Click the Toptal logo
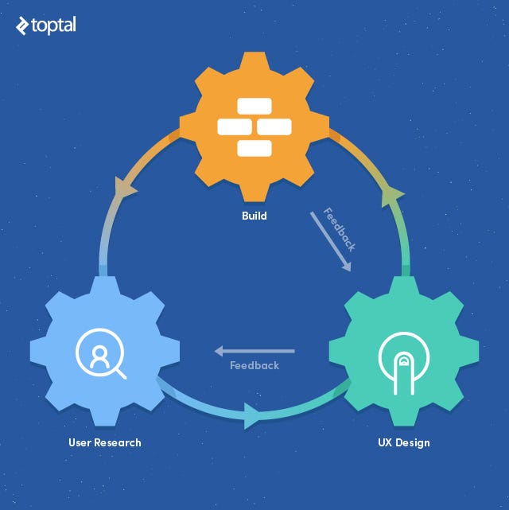pyautogui.click(x=45, y=25)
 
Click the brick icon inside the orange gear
pyautogui.click(x=254, y=127)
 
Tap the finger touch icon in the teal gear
pyautogui.click(x=403, y=356)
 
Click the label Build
pyautogui.click(x=254, y=216)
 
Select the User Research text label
pyautogui.click(x=104, y=442)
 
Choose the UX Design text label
pyautogui.click(x=404, y=442)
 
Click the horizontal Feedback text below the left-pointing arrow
pyautogui.click(x=254, y=366)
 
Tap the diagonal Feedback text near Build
pyautogui.click(x=339, y=229)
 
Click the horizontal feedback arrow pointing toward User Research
pyautogui.click(x=254, y=351)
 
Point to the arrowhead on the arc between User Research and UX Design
pyautogui.click(x=251, y=415)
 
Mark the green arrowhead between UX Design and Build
pyautogui.click(x=390, y=193)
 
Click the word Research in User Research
pyautogui.click(x=117, y=442)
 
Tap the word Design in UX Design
pyautogui.click(x=414, y=442)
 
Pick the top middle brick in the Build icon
pyautogui.click(x=254, y=107)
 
